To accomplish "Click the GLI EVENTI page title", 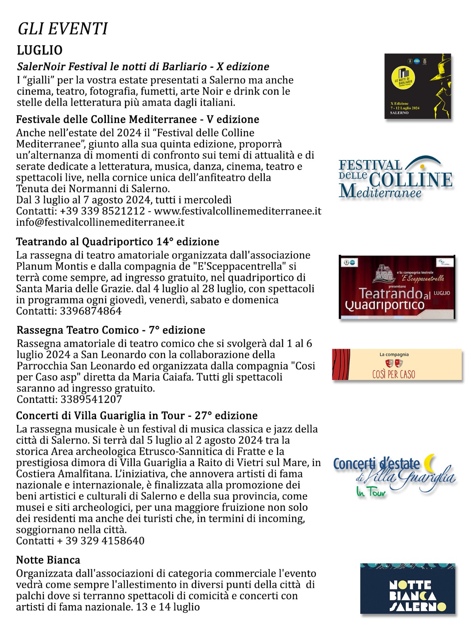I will tap(63, 29).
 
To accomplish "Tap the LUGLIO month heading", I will tap(40, 50).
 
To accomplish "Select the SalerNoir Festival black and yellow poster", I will tap(418, 86).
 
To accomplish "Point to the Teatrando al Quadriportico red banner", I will tap(397, 287).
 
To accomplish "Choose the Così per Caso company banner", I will tap(397, 365).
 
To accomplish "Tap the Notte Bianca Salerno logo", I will tap(408, 588).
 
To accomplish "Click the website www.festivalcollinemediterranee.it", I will tap(238, 211).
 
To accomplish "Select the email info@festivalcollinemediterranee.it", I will tap(100, 222).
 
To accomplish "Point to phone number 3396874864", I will tap(91, 311).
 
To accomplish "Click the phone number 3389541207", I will tap(91, 399).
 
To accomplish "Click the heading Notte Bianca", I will tap(48, 560).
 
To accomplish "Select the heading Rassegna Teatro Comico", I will tap(78, 330).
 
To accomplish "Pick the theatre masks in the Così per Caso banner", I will tap(394, 363).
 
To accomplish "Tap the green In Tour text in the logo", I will tap(371, 492).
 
